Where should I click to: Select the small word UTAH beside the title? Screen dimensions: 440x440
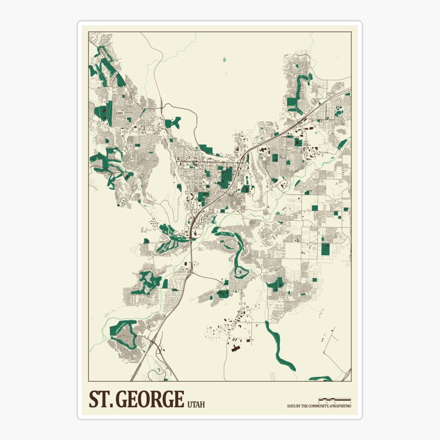coord(196,404)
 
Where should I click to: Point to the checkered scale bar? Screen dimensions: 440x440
coord(334,399)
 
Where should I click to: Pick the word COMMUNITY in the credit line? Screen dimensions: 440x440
coord(316,406)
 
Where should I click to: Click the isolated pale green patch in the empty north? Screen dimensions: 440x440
coord(224,59)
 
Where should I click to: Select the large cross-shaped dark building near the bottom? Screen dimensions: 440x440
coord(235,347)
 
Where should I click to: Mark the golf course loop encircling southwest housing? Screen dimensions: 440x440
coord(123,334)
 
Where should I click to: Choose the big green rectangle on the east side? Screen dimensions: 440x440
coord(325,249)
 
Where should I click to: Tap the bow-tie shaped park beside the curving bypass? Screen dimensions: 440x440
coord(173,122)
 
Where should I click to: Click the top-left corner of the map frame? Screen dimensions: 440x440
coord(89,32)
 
